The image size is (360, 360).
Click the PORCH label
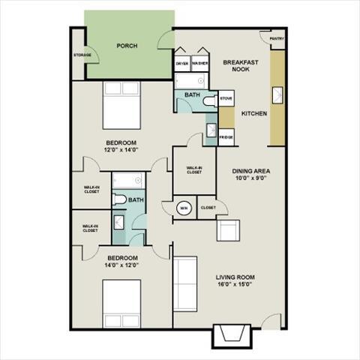(x=126, y=46)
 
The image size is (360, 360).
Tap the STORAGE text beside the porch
(x=82, y=55)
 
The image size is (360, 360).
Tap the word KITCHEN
(x=253, y=113)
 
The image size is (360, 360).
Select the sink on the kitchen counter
(x=277, y=94)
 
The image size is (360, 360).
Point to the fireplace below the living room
(x=230, y=334)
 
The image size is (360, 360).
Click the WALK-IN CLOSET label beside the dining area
(x=194, y=170)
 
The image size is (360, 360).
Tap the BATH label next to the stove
(x=193, y=95)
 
